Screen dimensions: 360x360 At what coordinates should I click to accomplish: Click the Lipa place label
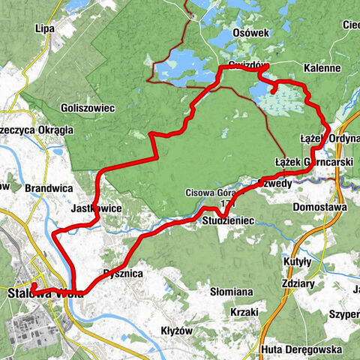click(x=45, y=29)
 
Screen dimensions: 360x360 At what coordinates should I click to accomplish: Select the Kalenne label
click(x=323, y=67)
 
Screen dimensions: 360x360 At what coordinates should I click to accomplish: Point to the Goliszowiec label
click(x=88, y=108)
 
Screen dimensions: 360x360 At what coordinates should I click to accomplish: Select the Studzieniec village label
click(x=229, y=220)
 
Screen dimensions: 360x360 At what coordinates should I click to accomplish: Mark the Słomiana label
click(x=234, y=290)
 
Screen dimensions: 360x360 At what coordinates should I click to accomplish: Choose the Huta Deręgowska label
click(x=304, y=350)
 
